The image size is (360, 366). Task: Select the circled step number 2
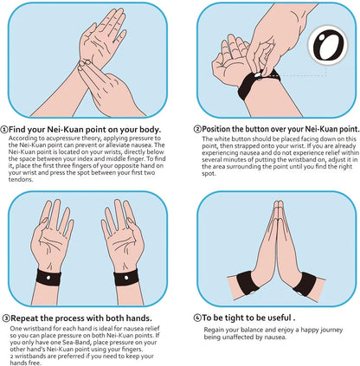click(197, 129)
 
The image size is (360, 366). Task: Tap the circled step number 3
click(6, 318)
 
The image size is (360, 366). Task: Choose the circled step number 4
click(198, 318)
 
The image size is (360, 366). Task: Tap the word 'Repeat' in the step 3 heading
click(28, 318)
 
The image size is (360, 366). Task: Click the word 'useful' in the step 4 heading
click(279, 318)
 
